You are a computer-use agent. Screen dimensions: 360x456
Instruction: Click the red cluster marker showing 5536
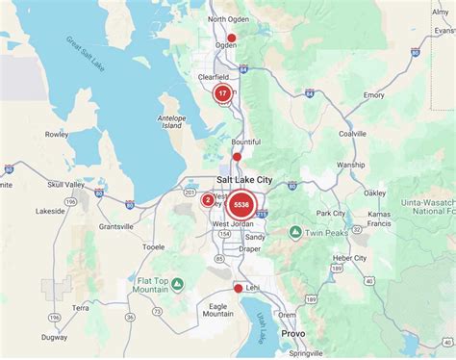click(241, 204)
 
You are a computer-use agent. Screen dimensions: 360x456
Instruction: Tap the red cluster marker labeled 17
click(222, 93)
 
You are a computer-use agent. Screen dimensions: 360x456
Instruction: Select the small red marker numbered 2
click(208, 200)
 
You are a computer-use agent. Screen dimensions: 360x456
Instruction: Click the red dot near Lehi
click(239, 288)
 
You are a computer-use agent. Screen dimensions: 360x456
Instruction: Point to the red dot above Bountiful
click(237, 156)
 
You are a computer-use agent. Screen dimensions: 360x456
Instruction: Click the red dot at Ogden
click(231, 39)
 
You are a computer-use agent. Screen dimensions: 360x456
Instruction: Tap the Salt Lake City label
click(244, 180)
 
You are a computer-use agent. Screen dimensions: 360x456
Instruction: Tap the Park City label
click(331, 214)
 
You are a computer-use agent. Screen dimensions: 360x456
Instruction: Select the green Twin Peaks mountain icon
click(296, 233)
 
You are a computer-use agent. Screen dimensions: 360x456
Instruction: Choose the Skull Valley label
click(38, 183)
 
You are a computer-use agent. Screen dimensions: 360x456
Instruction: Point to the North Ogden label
click(228, 18)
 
